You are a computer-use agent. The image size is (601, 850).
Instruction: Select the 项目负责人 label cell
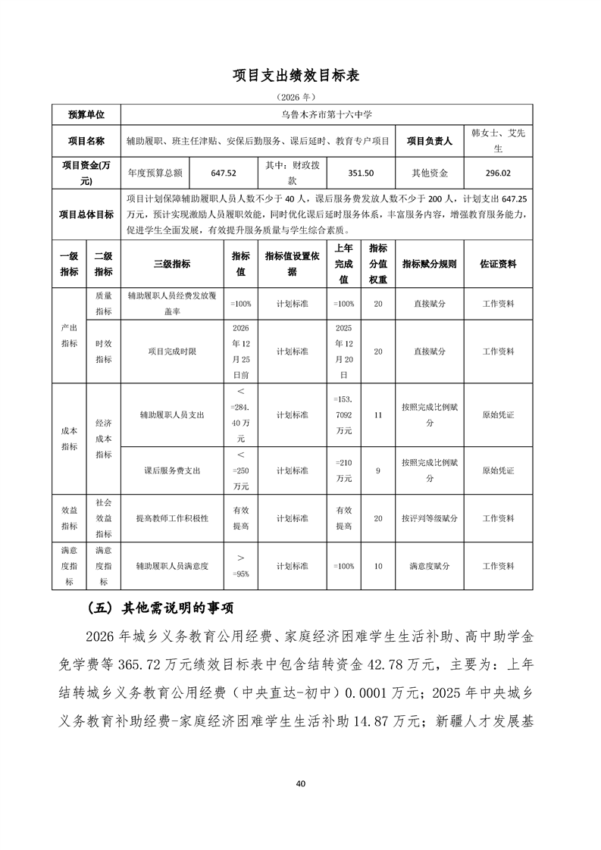coord(429,141)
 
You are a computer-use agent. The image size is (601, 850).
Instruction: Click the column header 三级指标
coord(172,264)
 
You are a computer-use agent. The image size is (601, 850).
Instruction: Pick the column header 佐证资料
coord(498,264)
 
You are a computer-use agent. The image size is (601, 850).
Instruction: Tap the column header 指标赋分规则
coord(429,264)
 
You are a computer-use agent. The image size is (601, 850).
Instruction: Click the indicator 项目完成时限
coord(172,352)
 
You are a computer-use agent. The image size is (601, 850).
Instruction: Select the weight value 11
coord(378,415)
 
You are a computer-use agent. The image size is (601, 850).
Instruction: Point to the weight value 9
coord(378,470)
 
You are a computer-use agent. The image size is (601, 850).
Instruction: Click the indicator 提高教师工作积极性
coord(172,518)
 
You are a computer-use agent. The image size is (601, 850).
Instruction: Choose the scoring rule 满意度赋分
coord(429,566)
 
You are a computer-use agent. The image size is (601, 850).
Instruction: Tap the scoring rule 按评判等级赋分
coord(429,518)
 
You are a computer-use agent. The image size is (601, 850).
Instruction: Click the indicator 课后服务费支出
coord(172,470)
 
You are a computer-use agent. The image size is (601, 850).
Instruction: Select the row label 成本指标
coord(69,439)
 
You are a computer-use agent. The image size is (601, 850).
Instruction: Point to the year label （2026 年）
coord(300,97)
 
